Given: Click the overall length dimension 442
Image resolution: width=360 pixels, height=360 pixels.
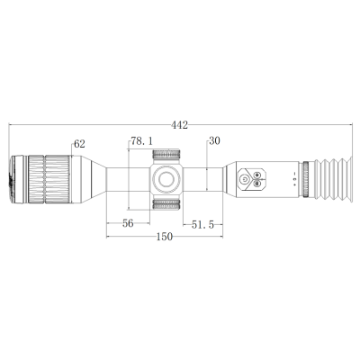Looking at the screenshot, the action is [180, 125].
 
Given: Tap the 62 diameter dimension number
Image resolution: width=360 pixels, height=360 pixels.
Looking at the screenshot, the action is [79, 144].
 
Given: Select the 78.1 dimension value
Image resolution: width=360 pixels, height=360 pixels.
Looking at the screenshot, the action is [141, 141].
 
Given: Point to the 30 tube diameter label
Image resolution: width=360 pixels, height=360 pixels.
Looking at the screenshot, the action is [214, 140].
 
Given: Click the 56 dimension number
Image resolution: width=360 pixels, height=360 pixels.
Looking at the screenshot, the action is [128, 223].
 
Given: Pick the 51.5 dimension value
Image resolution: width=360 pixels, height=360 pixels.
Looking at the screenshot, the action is [202, 225].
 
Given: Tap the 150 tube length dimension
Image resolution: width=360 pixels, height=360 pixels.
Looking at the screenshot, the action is [165, 237].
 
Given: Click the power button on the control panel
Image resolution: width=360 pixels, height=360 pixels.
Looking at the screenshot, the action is [245, 179].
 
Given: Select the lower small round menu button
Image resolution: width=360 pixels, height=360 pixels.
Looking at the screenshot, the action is [256, 184].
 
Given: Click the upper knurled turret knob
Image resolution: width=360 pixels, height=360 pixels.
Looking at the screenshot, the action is [166, 155].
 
